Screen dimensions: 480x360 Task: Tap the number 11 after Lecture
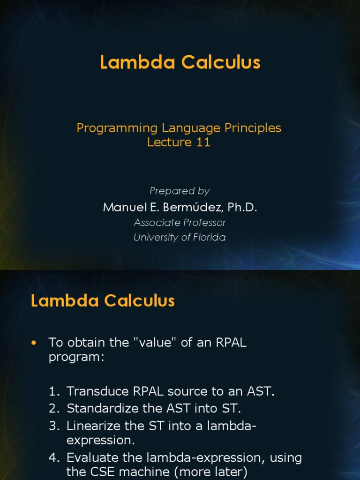coord(203,142)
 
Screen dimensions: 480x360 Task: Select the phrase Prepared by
coord(180,191)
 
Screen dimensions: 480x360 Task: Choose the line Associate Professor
coord(180,223)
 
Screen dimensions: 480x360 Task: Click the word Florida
coord(205,237)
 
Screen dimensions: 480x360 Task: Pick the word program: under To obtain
coord(75,358)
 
